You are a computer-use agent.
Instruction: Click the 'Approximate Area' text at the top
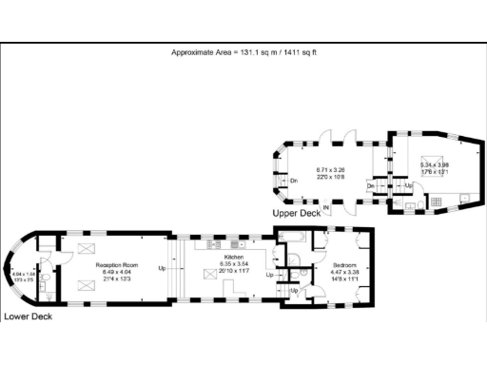click(x=243, y=52)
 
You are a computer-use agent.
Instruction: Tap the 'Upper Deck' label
click(x=297, y=214)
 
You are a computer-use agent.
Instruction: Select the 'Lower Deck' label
click(x=28, y=316)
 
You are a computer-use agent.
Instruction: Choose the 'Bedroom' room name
click(x=344, y=264)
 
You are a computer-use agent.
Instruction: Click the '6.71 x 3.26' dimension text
click(x=330, y=169)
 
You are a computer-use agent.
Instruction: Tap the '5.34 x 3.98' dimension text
click(x=434, y=164)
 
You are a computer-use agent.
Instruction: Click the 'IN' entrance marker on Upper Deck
click(x=327, y=207)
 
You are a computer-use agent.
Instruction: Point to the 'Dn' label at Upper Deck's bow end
click(x=294, y=181)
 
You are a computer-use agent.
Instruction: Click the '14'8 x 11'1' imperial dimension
click(x=344, y=279)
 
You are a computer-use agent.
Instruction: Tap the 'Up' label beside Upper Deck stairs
click(x=409, y=185)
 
